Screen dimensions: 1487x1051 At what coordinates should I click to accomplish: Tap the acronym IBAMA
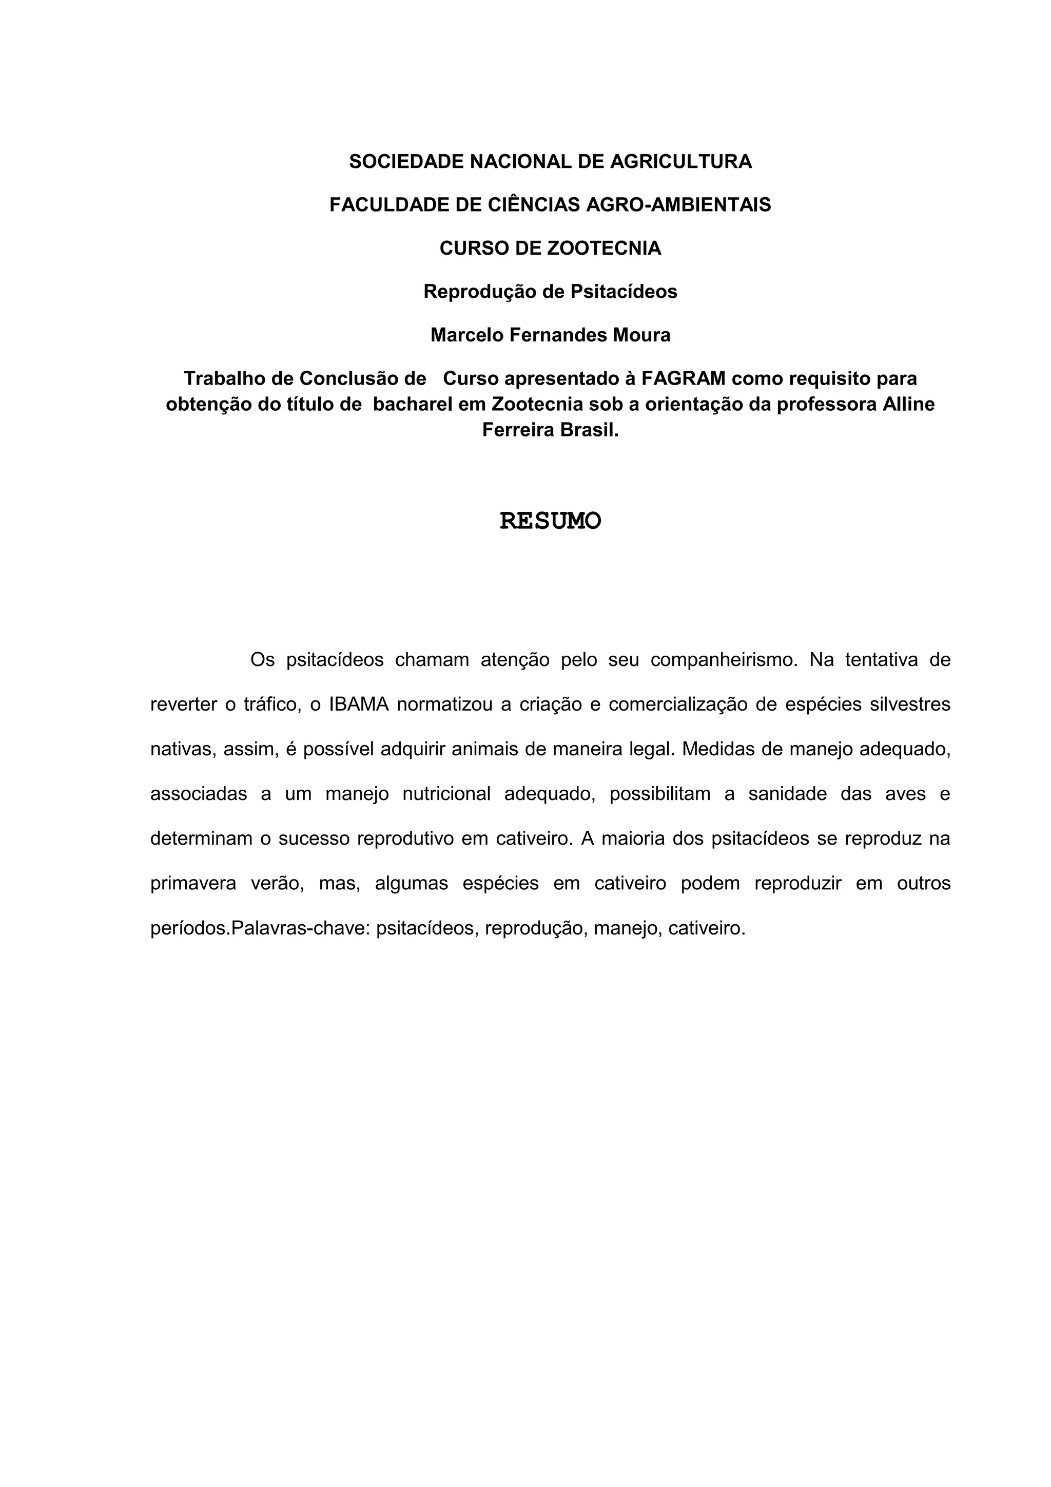359,704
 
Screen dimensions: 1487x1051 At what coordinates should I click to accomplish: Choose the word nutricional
446,794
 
